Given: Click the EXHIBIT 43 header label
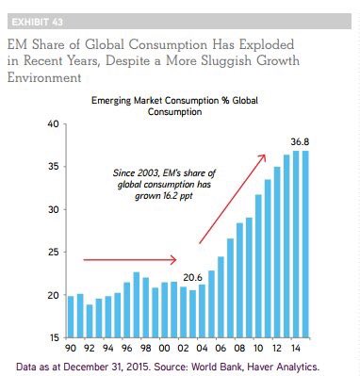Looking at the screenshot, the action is [37, 22].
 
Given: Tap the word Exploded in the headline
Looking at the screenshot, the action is [267, 44].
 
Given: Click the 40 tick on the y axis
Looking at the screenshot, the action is [53, 124].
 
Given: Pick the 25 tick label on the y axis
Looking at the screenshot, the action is [53, 253].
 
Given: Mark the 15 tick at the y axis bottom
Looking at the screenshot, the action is [54, 337].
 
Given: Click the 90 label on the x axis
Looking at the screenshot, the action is [71, 348].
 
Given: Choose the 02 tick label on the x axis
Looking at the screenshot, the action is [183, 348].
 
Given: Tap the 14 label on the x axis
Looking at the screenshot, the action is [295, 348].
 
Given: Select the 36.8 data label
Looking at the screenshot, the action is [300, 142].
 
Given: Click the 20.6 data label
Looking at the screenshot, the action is [193, 278].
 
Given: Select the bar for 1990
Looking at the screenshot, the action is [71, 317].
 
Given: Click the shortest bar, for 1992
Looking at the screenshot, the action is [90, 321].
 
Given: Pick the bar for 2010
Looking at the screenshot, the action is [258, 267].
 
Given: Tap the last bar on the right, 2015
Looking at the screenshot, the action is [305, 244].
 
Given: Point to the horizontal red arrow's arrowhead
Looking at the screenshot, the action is [173, 260].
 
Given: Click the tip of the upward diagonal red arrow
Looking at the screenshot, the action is [266, 155].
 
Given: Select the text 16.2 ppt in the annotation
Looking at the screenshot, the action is [178, 196].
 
